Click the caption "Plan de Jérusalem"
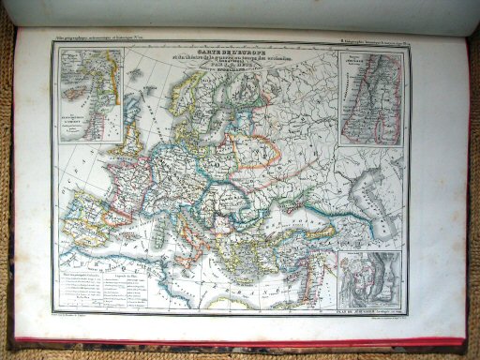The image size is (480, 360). [x=363, y=312]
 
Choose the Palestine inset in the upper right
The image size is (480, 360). [x=371, y=98]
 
